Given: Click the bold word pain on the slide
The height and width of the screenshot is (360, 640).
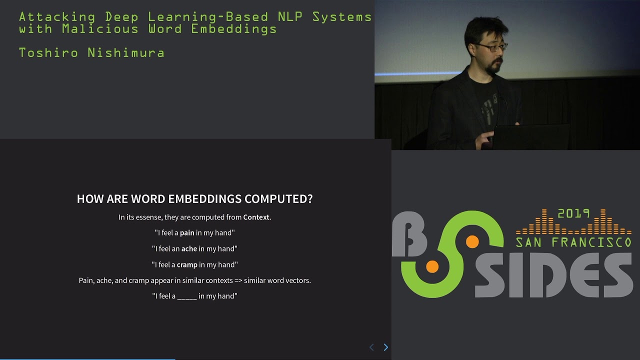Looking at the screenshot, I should point(187,232).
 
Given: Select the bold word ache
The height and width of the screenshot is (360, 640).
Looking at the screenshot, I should point(189,248).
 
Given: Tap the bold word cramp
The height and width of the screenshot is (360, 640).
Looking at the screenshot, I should point(187,264).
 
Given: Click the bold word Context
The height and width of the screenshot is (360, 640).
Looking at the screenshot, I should point(256,217).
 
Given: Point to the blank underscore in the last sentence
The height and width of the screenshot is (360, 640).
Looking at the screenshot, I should point(187,296).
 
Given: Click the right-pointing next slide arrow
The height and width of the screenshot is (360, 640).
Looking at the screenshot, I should point(385,347).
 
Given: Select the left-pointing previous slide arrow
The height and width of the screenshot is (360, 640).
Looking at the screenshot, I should point(371,347).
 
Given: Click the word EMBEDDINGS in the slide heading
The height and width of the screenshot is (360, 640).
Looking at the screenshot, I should point(205,198).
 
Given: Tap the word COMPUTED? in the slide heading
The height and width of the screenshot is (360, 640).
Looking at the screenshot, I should point(278,198).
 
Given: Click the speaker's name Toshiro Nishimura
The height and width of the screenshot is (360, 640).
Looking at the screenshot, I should point(91,52).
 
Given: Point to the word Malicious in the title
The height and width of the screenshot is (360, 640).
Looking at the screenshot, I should point(100,28).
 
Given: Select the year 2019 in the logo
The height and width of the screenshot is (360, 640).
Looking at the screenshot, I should point(573,213).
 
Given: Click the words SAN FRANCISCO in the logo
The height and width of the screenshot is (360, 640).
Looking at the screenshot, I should point(573,242).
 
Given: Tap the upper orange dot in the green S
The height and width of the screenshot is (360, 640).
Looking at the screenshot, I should point(472,242).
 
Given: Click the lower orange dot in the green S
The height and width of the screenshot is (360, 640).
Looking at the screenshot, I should point(432,267).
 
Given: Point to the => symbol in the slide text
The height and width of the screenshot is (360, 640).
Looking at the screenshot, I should point(238,280).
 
